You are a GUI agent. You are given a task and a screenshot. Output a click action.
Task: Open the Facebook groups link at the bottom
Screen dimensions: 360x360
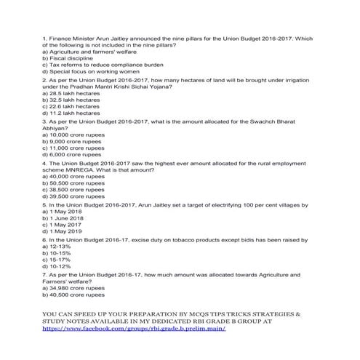tap(135, 329)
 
